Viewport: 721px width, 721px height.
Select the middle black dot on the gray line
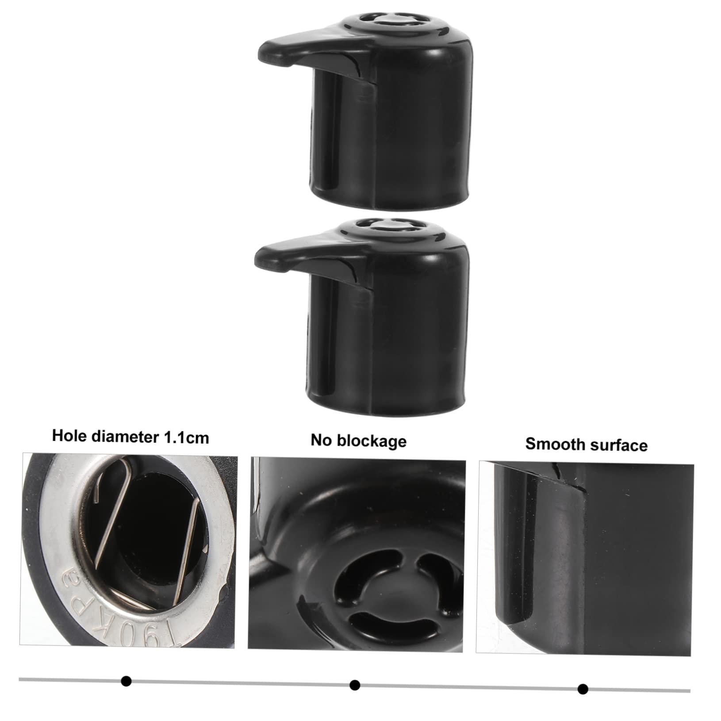point(354,685)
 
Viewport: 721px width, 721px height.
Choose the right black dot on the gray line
point(583,689)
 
